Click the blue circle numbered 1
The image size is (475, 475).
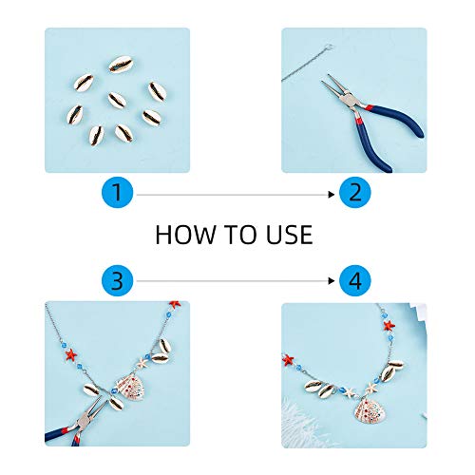pyautogui.click(x=117, y=192)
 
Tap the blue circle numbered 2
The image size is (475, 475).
pyautogui.click(x=354, y=192)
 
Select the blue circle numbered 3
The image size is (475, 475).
pyautogui.click(x=117, y=280)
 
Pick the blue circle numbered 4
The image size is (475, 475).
pyautogui.click(x=354, y=280)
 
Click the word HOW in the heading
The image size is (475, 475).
pyautogui.click(x=185, y=235)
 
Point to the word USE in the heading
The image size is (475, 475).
pyautogui.click(x=290, y=235)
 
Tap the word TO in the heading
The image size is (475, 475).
pyautogui.click(x=240, y=235)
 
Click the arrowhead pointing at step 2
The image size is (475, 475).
pyautogui.click(x=332, y=195)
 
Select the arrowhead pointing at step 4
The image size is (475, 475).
pyautogui.click(x=332, y=281)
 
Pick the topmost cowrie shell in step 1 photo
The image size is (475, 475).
pyautogui.click(x=121, y=64)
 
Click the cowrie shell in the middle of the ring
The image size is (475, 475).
pyautogui.click(x=117, y=100)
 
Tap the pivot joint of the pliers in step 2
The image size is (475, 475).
pyautogui.click(x=351, y=101)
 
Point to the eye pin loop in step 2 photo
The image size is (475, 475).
pyautogui.click(x=330, y=47)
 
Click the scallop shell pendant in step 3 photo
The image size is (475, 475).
pyautogui.click(x=128, y=386)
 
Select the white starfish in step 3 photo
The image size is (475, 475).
pyautogui.click(x=142, y=362)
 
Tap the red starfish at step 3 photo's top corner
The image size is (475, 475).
pyautogui.click(x=175, y=304)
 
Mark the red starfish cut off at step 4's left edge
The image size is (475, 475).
pyautogui.click(x=288, y=360)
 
